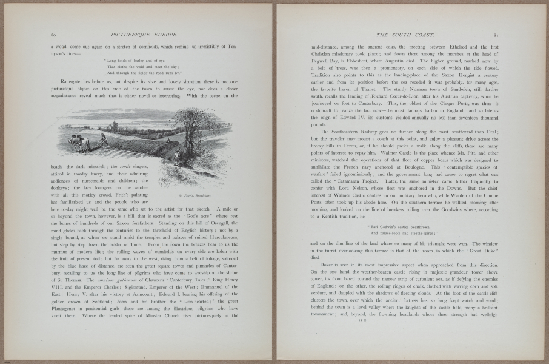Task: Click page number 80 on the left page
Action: click(x=53, y=36)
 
